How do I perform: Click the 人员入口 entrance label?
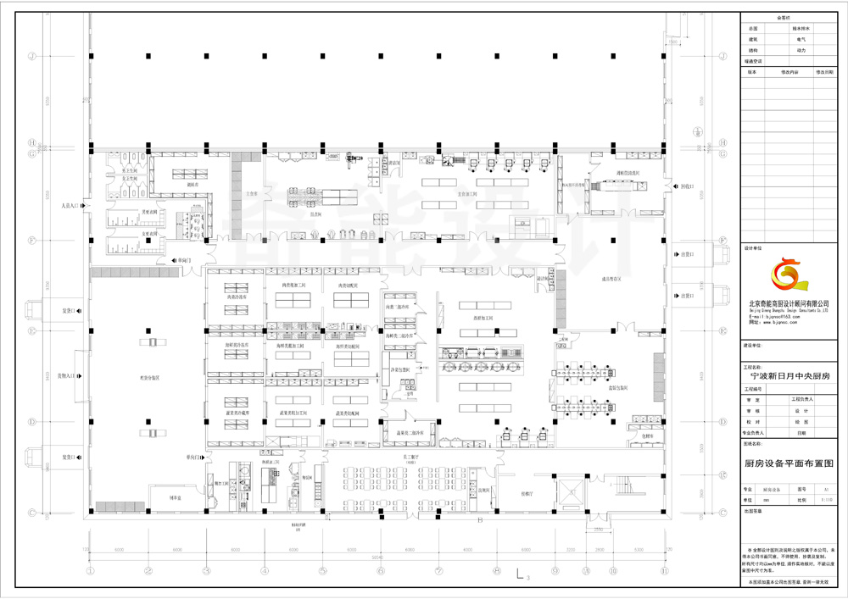pyautogui.click(x=70, y=206)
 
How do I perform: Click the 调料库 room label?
pyautogui.click(x=192, y=183)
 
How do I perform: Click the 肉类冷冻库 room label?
pyautogui.click(x=236, y=297)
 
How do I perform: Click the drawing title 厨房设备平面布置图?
pyautogui.click(x=789, y=463)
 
